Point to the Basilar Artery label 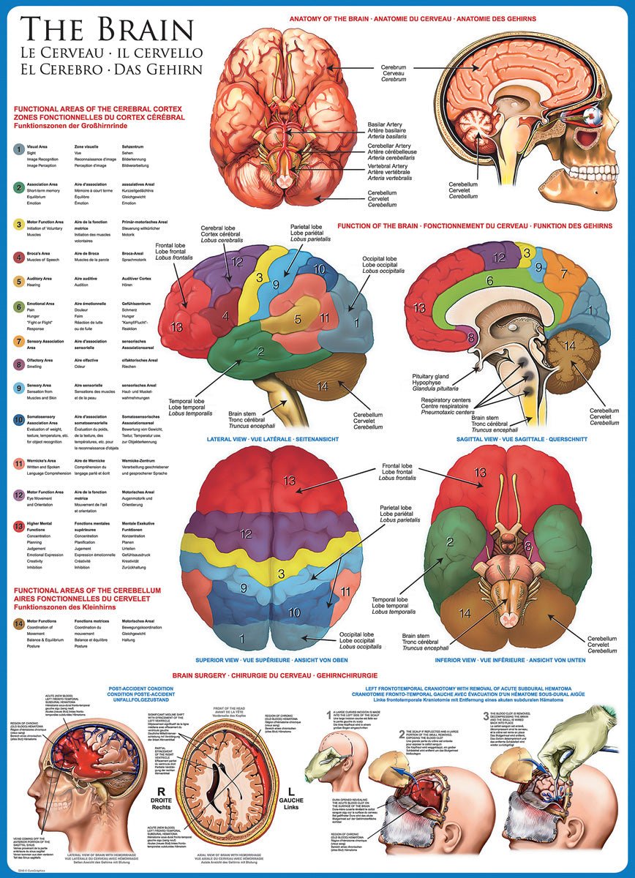click(x=388, y=127)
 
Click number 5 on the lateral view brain click(x=298, y=318)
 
